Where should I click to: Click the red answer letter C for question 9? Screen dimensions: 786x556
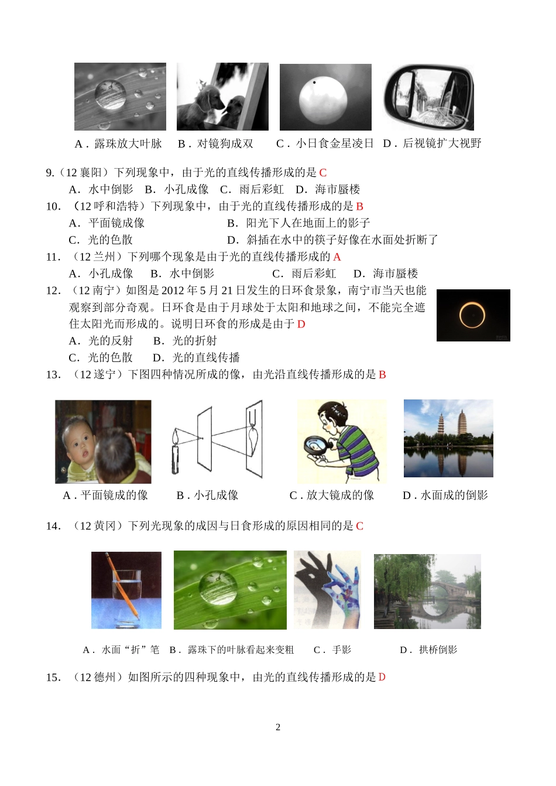323,173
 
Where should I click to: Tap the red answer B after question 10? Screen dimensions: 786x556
360,206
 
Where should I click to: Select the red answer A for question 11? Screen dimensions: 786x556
337,257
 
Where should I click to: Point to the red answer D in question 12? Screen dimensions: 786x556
301,324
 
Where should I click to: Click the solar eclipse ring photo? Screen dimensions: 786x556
473,315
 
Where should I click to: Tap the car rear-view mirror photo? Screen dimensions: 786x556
428,97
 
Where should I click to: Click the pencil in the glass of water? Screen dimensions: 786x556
122,586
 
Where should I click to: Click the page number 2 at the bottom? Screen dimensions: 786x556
278,727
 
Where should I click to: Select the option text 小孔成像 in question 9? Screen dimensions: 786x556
186,190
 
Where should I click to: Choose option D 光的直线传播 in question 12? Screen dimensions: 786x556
197,357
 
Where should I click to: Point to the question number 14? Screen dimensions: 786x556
53,526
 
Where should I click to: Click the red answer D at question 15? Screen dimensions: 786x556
382,677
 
